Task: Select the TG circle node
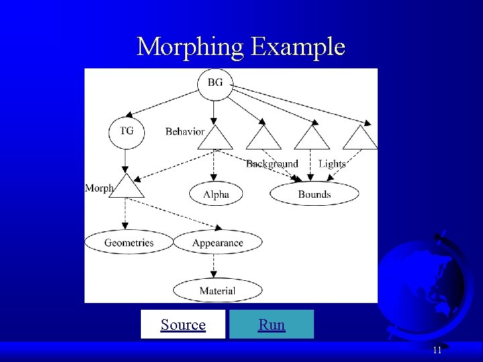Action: pos(126,131)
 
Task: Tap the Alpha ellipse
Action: pos(216,194)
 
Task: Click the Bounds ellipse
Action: pos(314,194)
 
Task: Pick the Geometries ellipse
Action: pos(129,243)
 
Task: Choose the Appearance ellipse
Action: pos(217,243)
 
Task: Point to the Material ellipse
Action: pos(217,290)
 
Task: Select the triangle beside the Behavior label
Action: pos(215,138)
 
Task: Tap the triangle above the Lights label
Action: pos(312,138)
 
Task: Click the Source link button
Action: pos(183,325)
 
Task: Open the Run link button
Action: pos(272,325)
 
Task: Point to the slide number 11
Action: pos(437,350)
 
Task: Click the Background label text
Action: pos(272,164)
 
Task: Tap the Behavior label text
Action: pos(184,131)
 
